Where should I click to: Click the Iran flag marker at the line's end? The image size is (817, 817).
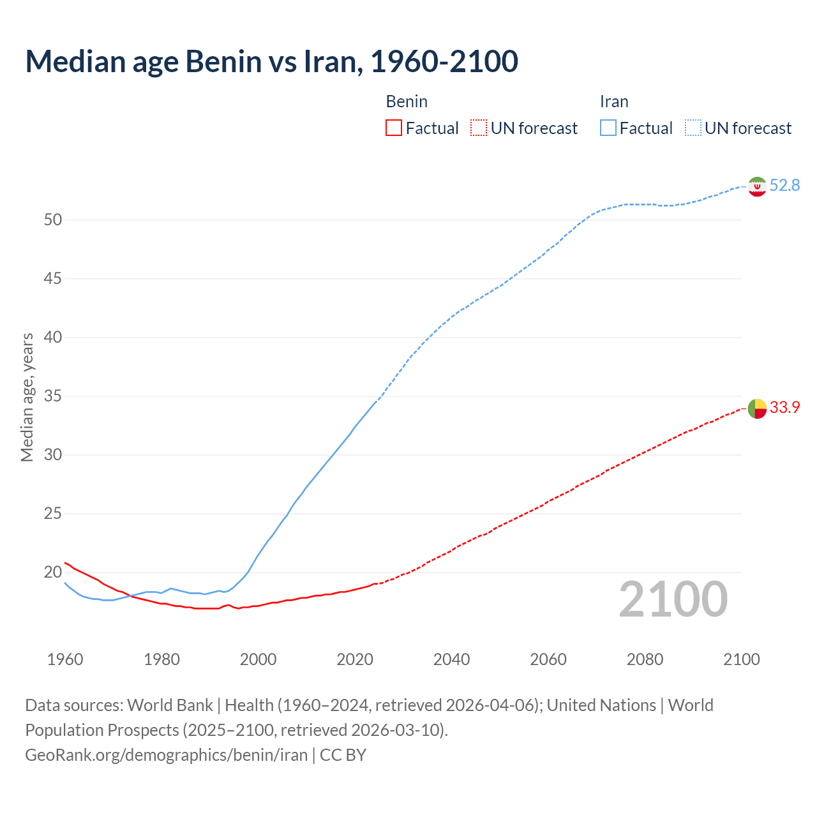coord(757,186)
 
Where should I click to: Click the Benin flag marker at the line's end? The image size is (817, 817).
coord(757,408)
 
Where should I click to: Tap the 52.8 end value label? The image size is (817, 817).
coord(784,186)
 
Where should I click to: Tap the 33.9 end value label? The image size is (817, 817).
coord(784,407)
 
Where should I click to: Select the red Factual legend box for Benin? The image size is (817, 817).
coord(394,128)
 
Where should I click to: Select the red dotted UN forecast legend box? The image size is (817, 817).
coord(479,128)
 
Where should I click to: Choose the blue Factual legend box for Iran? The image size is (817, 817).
coord(608,128)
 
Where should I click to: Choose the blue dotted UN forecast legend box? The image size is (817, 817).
coord(693,128)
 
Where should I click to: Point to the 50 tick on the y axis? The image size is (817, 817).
coord(53,220)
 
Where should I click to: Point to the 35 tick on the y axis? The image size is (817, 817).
coord(53,396)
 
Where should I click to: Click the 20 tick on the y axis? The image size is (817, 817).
coord(53,573)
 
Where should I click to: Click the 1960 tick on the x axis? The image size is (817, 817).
coord(65,659)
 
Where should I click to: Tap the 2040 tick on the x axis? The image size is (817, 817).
coord(451,659)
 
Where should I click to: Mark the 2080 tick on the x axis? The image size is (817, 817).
coord(645,659)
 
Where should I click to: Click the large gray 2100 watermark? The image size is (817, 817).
coord(673,599)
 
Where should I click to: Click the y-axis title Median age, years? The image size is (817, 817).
coord(27,397)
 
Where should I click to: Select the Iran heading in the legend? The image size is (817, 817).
coord(614,101)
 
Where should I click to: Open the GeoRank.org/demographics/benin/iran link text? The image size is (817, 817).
coord(166,755)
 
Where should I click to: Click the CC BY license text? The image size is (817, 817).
coord(343,755)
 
